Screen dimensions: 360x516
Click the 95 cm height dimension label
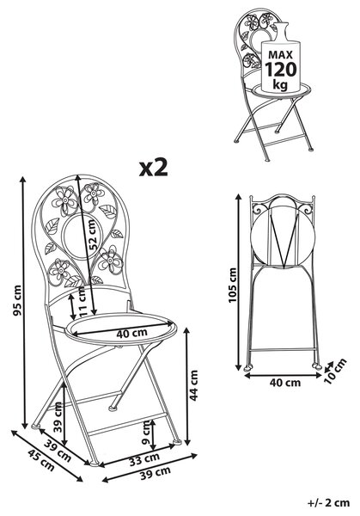(x=17, y=300)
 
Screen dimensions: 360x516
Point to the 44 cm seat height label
(x=194, y=385)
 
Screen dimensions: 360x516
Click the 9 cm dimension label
(x=146, y=433)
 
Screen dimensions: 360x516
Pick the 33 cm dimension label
(x=144, y=458)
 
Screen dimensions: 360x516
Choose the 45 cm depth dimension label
(x=41, y=460)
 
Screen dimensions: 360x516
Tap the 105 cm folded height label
(x=232, y=285)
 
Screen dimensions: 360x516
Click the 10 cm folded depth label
(x=335, y=371)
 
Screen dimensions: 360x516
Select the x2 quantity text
(x=154, y=168)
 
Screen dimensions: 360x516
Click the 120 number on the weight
(x=281, y=69)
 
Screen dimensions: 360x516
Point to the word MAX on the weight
(x=280, y=54)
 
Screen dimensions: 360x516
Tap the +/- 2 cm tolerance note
(x=328, y=502)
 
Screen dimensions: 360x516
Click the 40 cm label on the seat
(x=131, y=333)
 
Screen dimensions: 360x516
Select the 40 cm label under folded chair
(x=285, y=383)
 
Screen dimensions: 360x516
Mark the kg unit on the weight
(x=280, y=85)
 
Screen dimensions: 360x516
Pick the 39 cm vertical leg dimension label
(x=58, y=417)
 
